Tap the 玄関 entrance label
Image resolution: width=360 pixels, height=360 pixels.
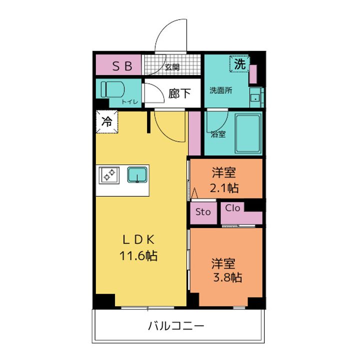[172, 67]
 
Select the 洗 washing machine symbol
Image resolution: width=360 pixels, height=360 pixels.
[240, 64]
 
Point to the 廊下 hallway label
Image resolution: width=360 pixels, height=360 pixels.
[179, 93]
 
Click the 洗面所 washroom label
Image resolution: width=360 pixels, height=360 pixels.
[220, 90]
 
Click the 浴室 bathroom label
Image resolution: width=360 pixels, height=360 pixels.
[217, 134]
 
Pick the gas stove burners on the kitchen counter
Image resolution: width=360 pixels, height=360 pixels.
[109, 174]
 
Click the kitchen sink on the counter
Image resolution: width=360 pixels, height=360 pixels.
[136, 174]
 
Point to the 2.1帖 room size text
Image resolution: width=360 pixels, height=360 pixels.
[223, 187]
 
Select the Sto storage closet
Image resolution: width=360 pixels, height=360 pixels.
[203, 212]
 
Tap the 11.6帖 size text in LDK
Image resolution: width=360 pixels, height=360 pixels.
[138, 256]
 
